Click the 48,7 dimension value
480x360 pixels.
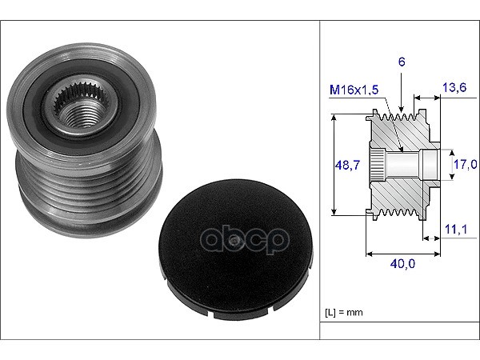pos(347,166)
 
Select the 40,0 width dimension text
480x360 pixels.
pos(402,263)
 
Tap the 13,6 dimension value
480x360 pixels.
pos(454,87)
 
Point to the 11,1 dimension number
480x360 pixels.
pos(456,229)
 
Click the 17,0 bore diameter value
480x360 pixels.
pos(465,164)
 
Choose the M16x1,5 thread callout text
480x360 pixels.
pos(354,90)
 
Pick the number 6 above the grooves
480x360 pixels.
pos(402,62)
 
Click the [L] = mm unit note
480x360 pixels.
pos(343,312)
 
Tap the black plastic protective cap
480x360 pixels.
pos(236,250)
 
